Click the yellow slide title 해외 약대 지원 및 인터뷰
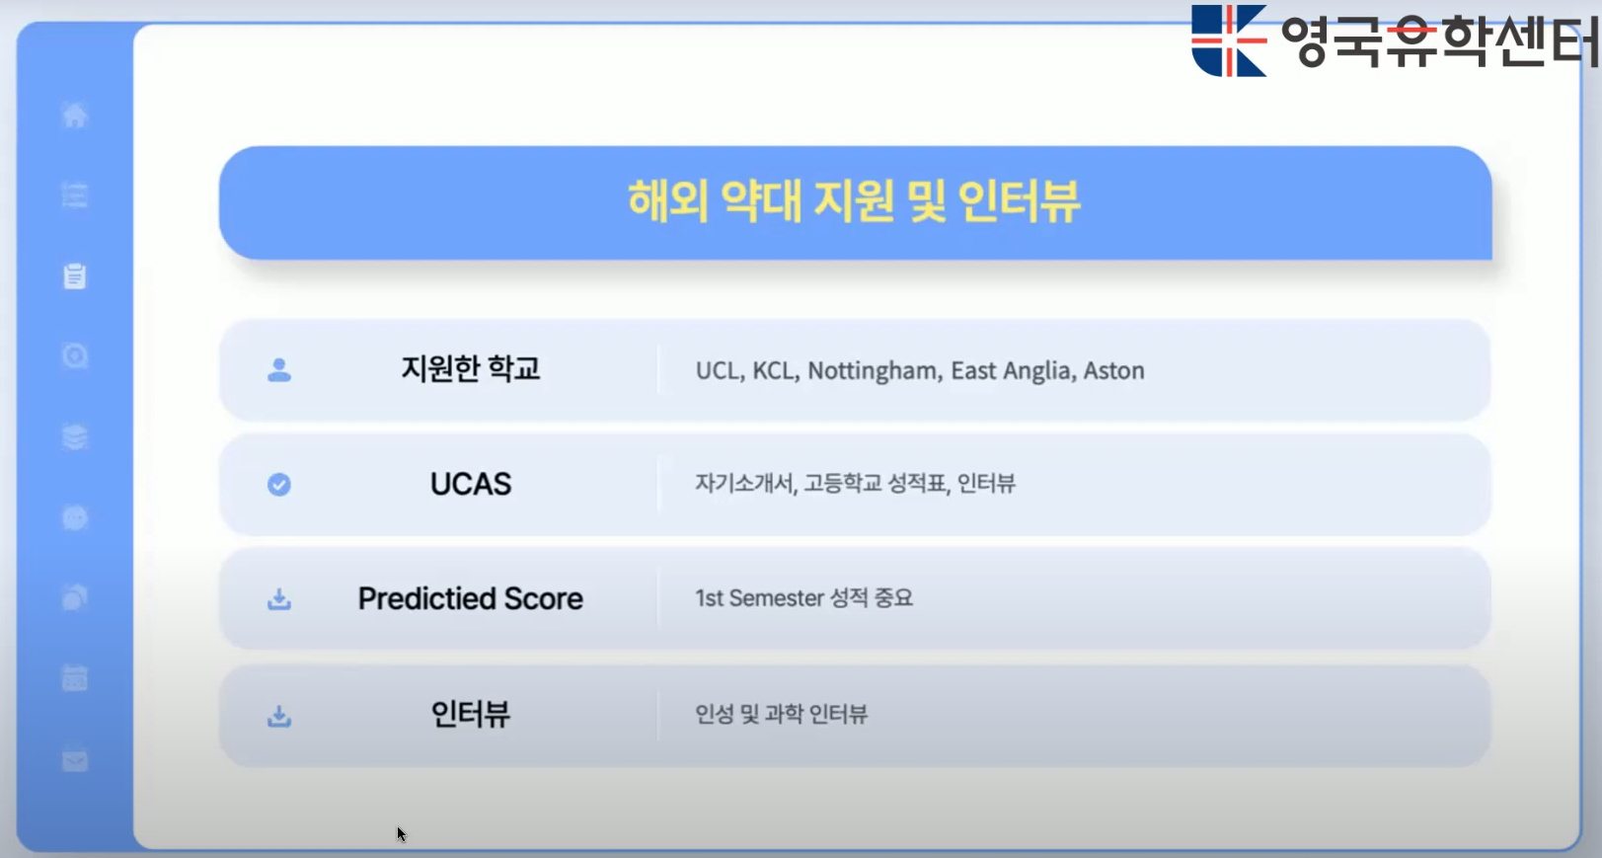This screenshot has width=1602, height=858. point(854,201)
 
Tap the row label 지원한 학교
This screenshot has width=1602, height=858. point(471,369)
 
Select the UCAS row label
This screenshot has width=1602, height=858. point(471,484)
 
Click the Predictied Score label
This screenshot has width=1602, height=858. point(471,598)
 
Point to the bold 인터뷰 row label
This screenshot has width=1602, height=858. point(471,714)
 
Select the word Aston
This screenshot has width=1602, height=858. point(1113,370)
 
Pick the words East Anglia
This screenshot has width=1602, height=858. point(1012,370)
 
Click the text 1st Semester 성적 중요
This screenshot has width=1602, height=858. point(803,597)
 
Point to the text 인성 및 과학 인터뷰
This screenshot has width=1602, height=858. point(781,714)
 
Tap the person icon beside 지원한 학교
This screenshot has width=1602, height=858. point(279,370)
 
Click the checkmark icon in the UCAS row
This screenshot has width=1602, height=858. point(279,485)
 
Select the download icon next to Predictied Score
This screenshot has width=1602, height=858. point(279,599)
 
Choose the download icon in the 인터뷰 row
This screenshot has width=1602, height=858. point(279,716)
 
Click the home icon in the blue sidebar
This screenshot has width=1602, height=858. point(75,115)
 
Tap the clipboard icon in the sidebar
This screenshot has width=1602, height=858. point(75,276)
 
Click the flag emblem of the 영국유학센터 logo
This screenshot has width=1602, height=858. point(1229,40)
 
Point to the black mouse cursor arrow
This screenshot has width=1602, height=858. point(401,833)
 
